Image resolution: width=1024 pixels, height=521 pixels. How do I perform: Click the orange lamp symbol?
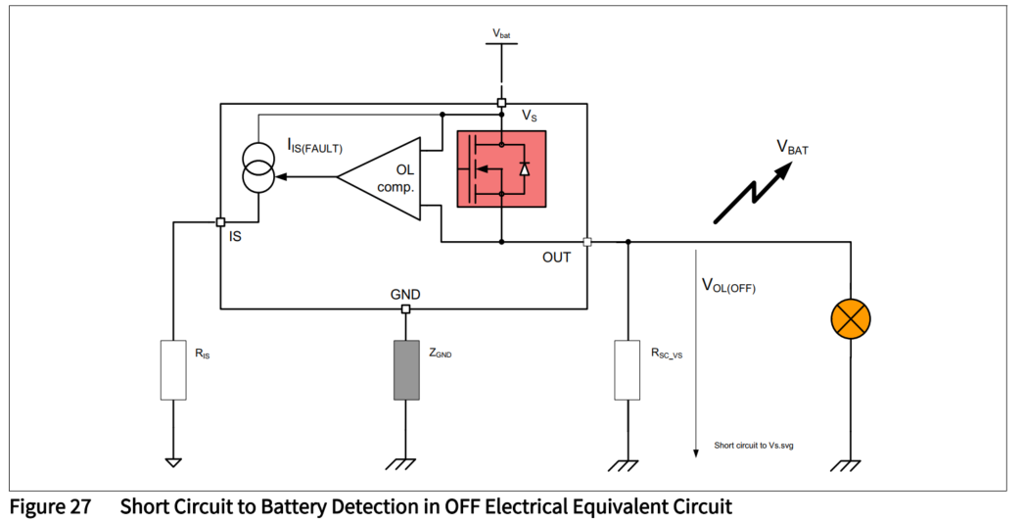850,317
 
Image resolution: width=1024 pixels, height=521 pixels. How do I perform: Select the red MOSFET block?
500,168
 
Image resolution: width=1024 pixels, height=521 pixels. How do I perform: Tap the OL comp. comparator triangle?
382,177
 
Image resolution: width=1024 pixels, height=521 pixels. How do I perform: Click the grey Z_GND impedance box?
405,369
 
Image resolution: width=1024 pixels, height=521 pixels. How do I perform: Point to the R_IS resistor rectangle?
173,369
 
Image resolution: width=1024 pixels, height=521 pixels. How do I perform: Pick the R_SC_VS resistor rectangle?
628,369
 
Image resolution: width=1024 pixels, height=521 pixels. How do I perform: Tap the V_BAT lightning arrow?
754,190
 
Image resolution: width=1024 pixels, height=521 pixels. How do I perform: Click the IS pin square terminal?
220,222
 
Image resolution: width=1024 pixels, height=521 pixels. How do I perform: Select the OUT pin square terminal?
586,241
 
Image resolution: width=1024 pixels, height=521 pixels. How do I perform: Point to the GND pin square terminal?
405,309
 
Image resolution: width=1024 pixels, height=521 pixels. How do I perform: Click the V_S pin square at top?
501,103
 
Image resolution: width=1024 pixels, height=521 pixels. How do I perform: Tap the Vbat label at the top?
501,34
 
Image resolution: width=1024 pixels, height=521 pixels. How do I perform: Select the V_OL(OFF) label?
728,286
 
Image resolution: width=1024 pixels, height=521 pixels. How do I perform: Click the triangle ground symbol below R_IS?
173,461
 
